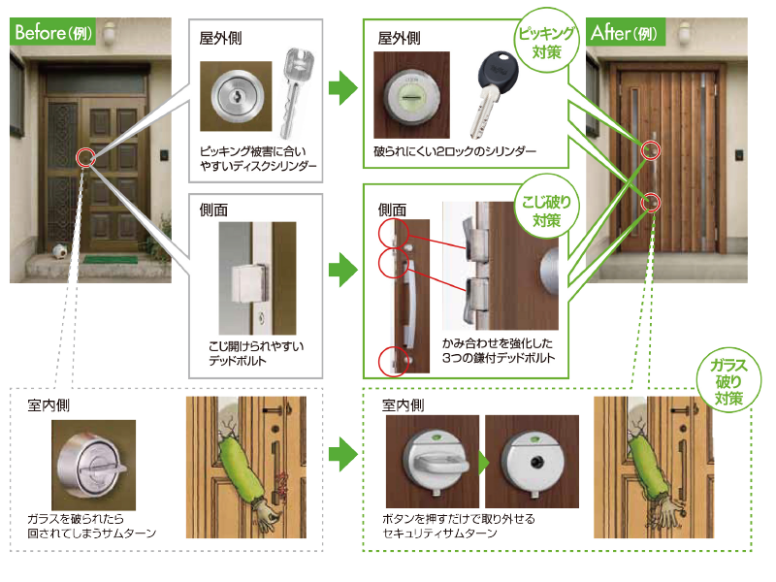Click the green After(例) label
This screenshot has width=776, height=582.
point(628,32)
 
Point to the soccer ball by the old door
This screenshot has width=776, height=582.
point(58,250)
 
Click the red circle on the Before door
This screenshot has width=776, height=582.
point(85,157)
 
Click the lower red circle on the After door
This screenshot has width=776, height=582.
point(652,203)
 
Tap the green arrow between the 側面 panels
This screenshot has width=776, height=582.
point(342,270)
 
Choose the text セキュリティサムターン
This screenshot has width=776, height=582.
point(442,533)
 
